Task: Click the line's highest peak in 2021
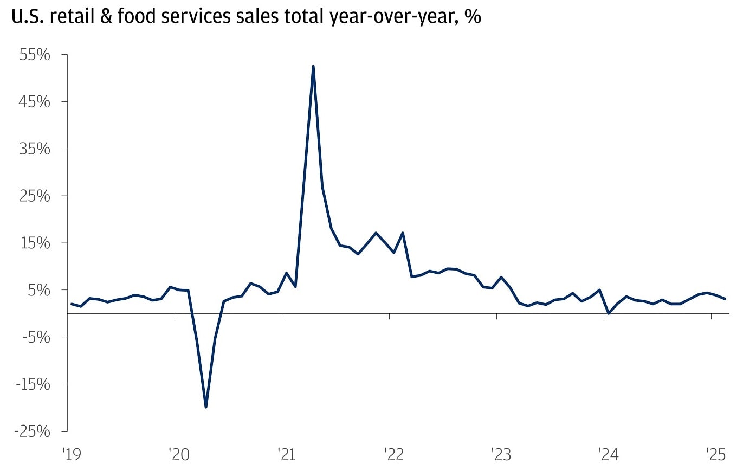pyautogui.click(x=313, y=66)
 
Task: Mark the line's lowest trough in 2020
pyautogui.click(x=206, y=407)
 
